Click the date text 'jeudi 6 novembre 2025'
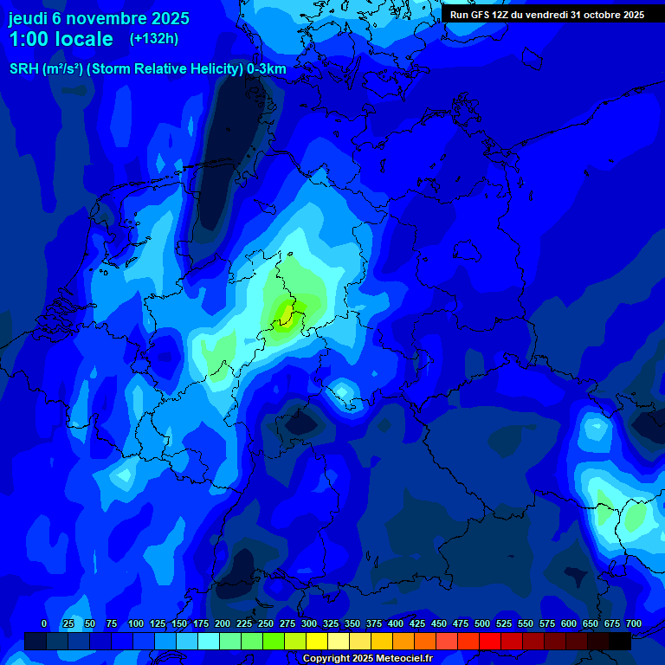[x=99, y=18]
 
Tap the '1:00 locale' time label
[x=61, y=39]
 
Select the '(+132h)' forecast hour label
[x=154, y=38]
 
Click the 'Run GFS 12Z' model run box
[x=546, y=15]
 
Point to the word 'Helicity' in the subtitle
[x=210, y=69]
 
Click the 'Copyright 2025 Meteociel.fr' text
[x=367, y=659]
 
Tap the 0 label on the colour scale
[x=44, y=624]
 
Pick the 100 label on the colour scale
[x=136, y=624]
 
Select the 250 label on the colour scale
[x=266, y=624]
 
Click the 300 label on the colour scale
[x=309, y=624]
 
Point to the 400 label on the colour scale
[x=396, y=624]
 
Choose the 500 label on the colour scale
[x=482, y=624]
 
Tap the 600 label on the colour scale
[x=569, y=624]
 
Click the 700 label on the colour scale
[x=634, y=624]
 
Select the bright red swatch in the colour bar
[x=490, y=642]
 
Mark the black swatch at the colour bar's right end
[x=620, y=642]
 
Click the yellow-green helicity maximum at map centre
[x=284, y=310]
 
